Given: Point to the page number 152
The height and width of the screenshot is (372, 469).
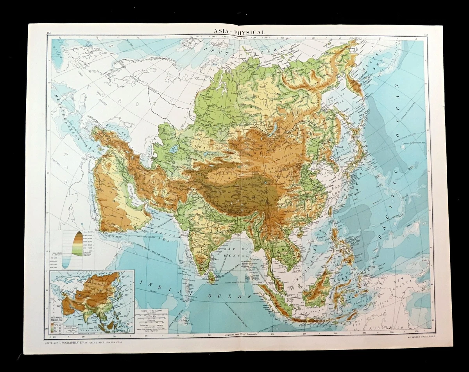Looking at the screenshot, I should tap(426, 36).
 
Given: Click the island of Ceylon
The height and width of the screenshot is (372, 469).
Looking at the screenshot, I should tap(212, 278).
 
